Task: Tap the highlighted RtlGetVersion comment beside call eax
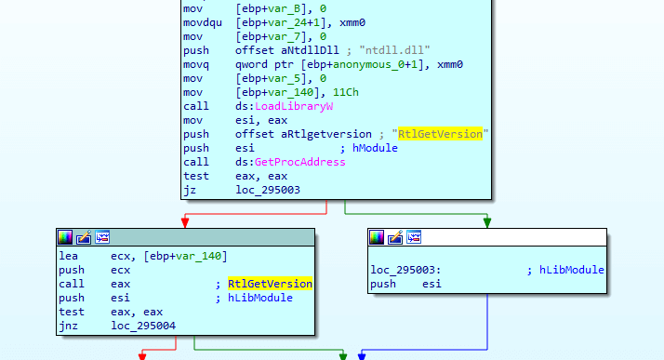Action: point(270,284)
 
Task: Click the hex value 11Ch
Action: point(335,92)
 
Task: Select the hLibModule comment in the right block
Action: point(571,270)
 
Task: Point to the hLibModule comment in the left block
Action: point(260,298)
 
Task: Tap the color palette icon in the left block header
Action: point(65,236)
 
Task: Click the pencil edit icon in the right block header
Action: point(394,236)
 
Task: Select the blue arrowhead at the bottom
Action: point(361,355)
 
